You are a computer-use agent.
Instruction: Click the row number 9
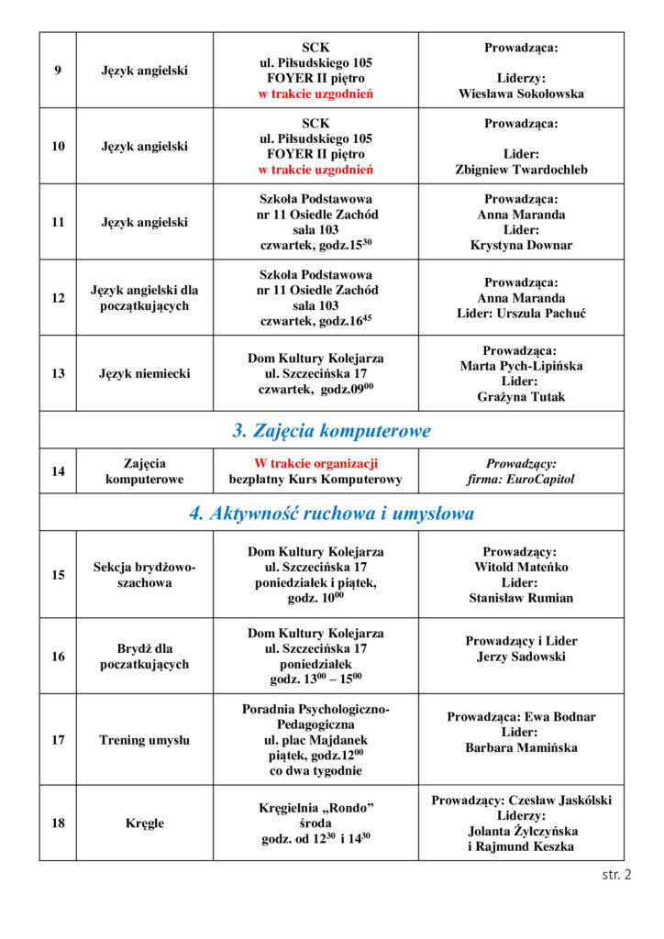(x=58, y=71)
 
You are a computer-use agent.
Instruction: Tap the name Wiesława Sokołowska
(x=521, y=94)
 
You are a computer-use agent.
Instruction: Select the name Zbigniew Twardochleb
(x=521, y=170)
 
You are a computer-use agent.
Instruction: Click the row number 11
(x=58, y=222)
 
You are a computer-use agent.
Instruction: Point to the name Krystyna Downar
(x=521, y=246)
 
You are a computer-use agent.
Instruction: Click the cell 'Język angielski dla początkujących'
(x=144, y=298)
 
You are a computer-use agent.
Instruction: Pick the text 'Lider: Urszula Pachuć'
(x=521, y=314)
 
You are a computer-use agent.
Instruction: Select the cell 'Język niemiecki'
(x=144, y=373)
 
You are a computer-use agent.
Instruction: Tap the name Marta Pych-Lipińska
(x=521, y=366)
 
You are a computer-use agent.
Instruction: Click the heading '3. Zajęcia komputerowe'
(x=331, y=430)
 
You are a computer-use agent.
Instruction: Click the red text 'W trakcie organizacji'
(x=315, y=464)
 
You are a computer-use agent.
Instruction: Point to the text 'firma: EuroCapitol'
(x=521, y=480)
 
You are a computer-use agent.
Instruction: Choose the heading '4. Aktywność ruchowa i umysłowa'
(x=331, y=514)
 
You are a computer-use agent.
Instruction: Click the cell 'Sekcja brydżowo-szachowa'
(x=144, y=575)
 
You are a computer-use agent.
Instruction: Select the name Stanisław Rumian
(x=521, y=598)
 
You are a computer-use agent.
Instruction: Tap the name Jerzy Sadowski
(x=521, y=657)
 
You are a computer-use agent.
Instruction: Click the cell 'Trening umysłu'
(x=144, y=740)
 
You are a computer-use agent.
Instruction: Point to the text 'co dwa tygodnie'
(x=315, y=771)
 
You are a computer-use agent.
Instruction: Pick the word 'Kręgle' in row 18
(x=144, y=823)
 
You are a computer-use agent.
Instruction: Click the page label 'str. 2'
(x=616, y=875)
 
